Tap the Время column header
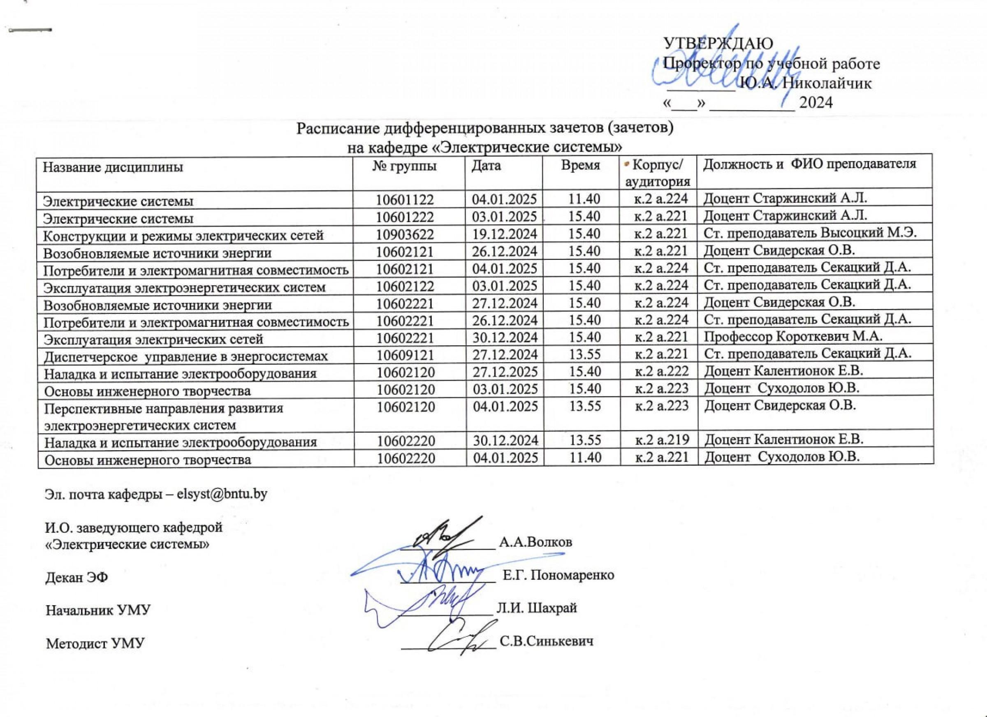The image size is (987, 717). [581, 165]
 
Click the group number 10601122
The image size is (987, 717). [405, 200]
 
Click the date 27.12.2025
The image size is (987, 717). [505, 372]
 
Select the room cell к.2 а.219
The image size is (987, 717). [663, 440]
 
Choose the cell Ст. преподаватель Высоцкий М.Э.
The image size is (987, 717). [810, 234]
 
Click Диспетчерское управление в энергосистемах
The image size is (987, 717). [186, 356]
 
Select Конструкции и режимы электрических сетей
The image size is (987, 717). [183, 236]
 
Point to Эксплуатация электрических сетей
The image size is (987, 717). [154, 339]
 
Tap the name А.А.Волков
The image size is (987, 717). [535, 542]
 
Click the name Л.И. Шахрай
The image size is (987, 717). [537, 607]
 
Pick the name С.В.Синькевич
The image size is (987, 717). [547, 641]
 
